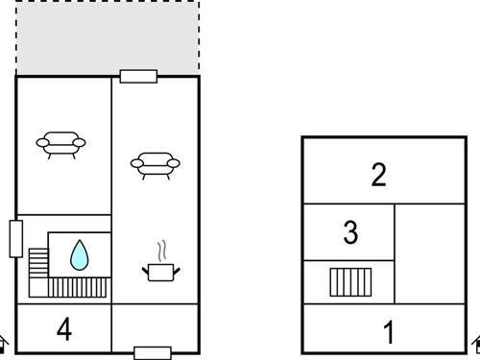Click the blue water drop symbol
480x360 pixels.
click(x=80, y=255)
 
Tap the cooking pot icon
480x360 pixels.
click(x=161, y=273)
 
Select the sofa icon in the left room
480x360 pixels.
click(x=60, y=145)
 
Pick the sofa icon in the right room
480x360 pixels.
click(x=156, y=165)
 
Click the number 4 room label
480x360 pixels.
click(x=64, y=329)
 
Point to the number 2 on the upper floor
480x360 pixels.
click(x=379, y=175)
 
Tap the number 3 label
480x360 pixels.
click(x=350, y=232)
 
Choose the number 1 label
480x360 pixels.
click(x=389, y=332)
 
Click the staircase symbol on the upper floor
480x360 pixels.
click(x=350, y=282)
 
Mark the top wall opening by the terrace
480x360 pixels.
click(x=138, y=77)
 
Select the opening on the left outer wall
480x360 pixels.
click(x=16, y=239)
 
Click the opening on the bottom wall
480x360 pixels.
click(x=153, y=353)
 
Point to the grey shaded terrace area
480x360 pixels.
click(x=108, y=37)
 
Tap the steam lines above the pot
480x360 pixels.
click(x=162, y=251)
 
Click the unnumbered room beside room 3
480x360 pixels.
click(x=430, y=253)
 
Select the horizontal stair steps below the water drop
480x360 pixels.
click(x=77, y=287)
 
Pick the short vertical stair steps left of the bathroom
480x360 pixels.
click(x=38, y=263)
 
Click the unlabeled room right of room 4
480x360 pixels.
click(x=156, y=328)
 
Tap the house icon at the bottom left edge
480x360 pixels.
click(x=3, y=345)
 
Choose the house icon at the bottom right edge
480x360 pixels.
click(x=476, y=345)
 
